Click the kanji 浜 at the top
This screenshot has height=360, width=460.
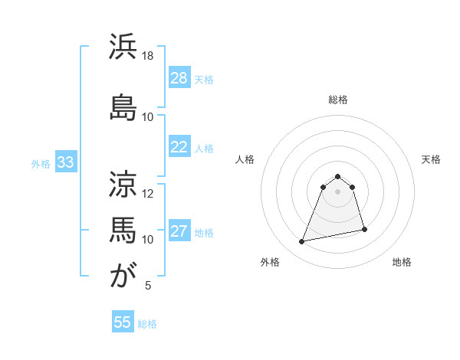tap(123, 47)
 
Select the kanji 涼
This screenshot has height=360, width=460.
tap(123, 183)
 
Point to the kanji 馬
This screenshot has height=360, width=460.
tap(123, 229)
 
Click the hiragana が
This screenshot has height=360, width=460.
tap(123, 276)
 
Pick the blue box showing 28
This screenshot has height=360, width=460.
tap(179, 78)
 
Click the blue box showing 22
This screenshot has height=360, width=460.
tap(179, 147)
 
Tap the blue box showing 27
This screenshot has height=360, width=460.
tap(179, 231)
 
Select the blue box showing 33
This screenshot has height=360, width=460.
tap(65, 162)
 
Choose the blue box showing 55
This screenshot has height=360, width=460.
tap(123, 322)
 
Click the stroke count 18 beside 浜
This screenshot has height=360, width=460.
tap(148, 56)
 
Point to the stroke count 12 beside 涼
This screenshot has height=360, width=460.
tap(148, 193)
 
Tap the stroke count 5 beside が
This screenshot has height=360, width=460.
tap(148, 286)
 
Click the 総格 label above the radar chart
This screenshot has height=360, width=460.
tap(337, 100)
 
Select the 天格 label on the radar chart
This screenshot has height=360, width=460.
tap(432, 159)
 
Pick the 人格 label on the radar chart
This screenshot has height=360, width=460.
tap(245, 159)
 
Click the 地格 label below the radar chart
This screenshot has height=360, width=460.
tap(402, 262)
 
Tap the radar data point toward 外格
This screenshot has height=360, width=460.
tap(302, 242)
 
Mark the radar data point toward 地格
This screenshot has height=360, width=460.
tap(364, 229)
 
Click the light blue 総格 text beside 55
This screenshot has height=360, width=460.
tap(147, 324)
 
